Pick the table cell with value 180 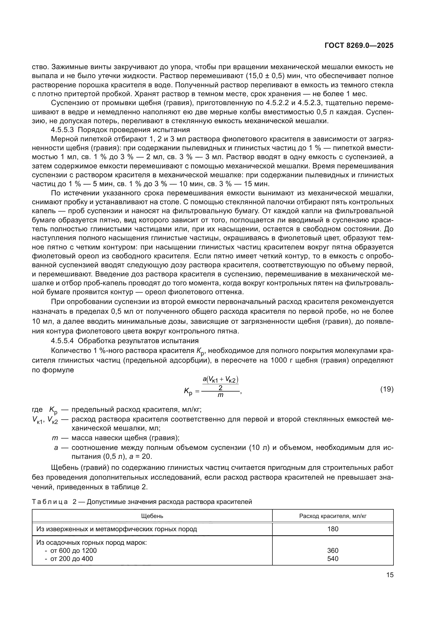point(333,529)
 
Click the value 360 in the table point(333,550)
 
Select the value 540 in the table point(333,559)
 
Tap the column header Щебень point(152,516)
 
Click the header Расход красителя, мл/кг point(333,516)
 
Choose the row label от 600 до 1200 point(74,550)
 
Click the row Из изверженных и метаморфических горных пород point(117,529)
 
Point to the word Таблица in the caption point(50,502)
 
